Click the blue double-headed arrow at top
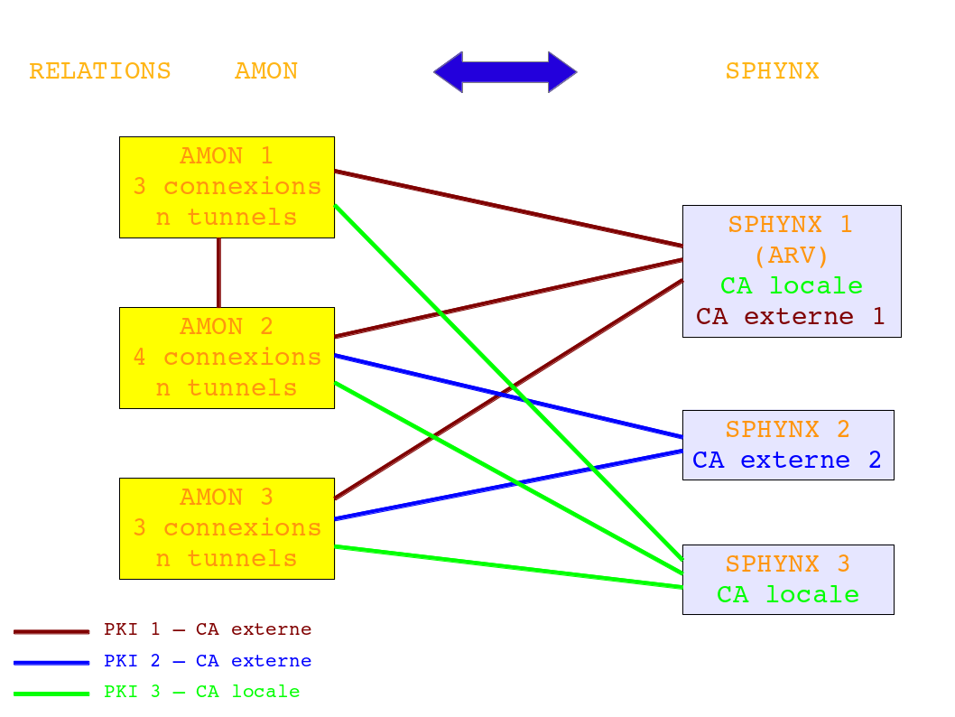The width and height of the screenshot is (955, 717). pyautogui.click(x=505, y=72)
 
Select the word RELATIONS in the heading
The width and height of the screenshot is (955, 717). pyautogui.click(x=100, y=71)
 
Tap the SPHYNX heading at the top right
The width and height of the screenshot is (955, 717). pyautogui.click(x=772, y=71)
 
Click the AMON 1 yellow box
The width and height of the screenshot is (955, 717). pyautogui.click(x=227, y=187)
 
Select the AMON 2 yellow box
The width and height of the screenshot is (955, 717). pyautogui.click(x=227, y=358)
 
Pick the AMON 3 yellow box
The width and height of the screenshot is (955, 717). pyautogui.click(x=227, y=528)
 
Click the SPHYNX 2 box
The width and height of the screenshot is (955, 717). pyautogui.click(x=788, y=445)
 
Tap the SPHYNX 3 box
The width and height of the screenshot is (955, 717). pyautogui.click(x=788, y=580)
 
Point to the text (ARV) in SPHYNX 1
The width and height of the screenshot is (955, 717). pyautogui.click(x=791, y=256)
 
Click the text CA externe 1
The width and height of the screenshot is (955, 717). pyautogui.click(x=790, y=317)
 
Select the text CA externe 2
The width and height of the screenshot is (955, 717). pyautogui.click(x=787, y=461)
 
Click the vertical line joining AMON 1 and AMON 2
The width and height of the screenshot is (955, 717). pyautogui.click(x=218, y=273)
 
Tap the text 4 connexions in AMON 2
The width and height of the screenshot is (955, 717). pyautogui.click(x=227, y=358)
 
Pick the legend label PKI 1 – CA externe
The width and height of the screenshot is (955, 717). pyautogui.click(x=208, y=629)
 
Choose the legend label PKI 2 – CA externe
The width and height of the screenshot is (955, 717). pyautogui.click(x=208, y=661)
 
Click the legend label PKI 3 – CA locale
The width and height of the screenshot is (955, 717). pyautogui.click(x=201, y=692)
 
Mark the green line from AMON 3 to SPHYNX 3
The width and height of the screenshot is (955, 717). pyautogui.click(x=508, y=567)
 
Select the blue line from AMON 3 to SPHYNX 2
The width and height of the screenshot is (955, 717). pyautogui.click(x=508, y=485)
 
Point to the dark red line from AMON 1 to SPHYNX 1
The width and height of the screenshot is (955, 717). pyautogui.click(x=508, y=209)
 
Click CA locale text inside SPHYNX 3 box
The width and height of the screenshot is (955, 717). pyautogui.click(x=787, y=595)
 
